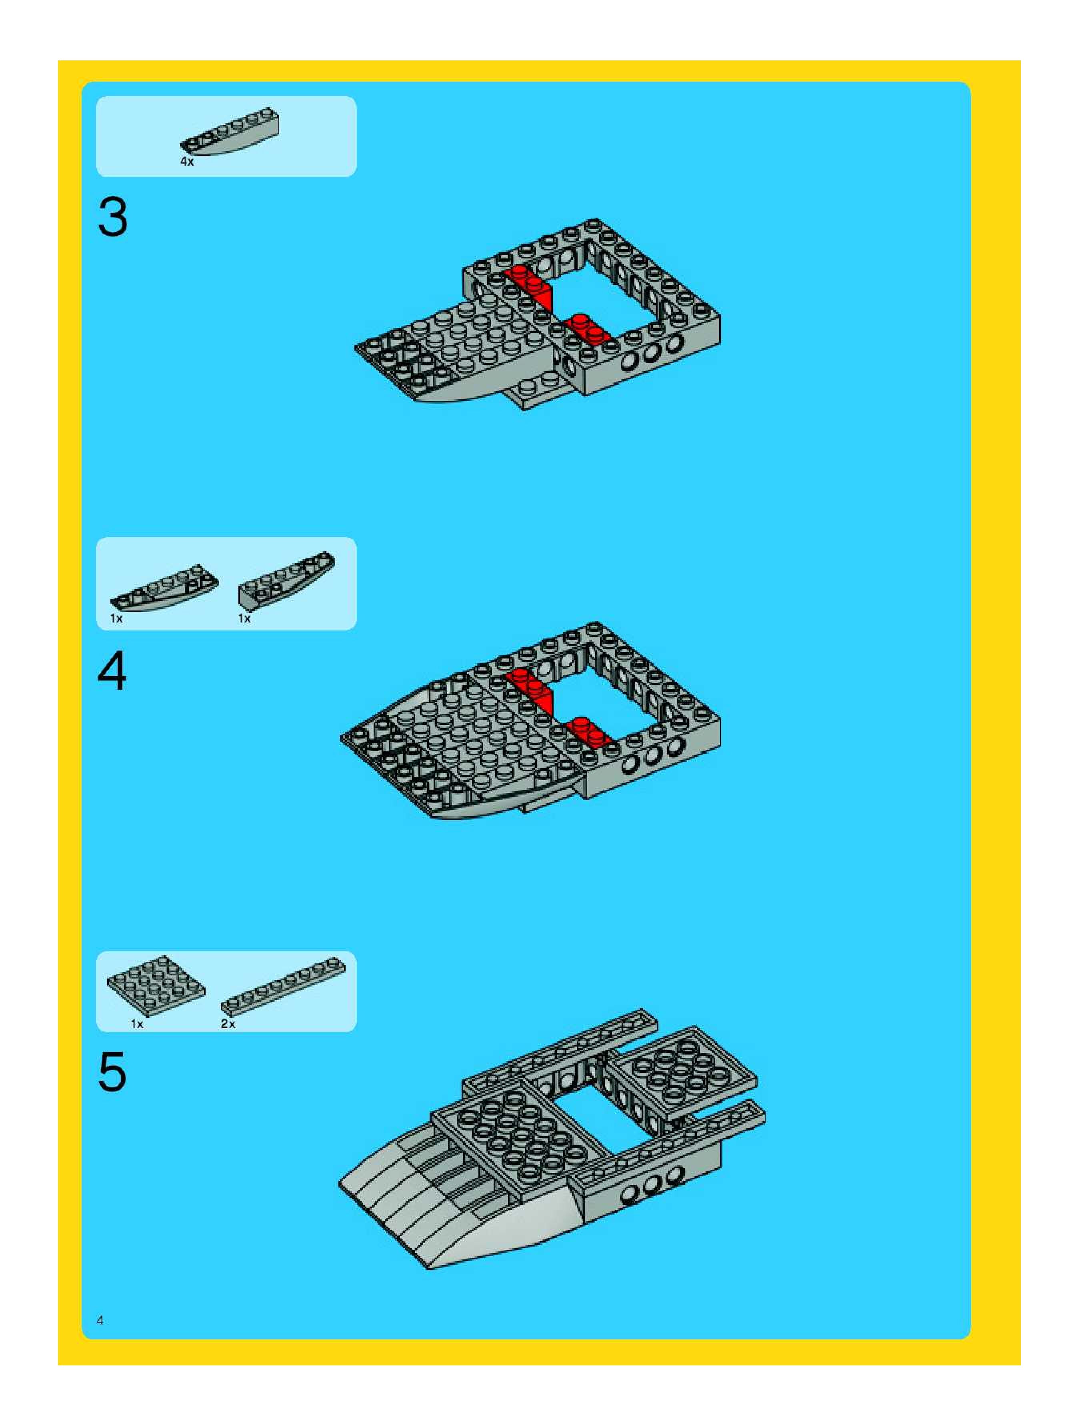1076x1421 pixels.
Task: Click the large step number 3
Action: [112, 217]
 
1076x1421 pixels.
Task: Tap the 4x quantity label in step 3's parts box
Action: [187, 162]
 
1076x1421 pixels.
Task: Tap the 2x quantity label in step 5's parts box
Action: [228, 1024]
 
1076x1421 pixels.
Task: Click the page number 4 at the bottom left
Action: [100, 1321]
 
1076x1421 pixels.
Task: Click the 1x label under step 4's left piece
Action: [116, 618]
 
